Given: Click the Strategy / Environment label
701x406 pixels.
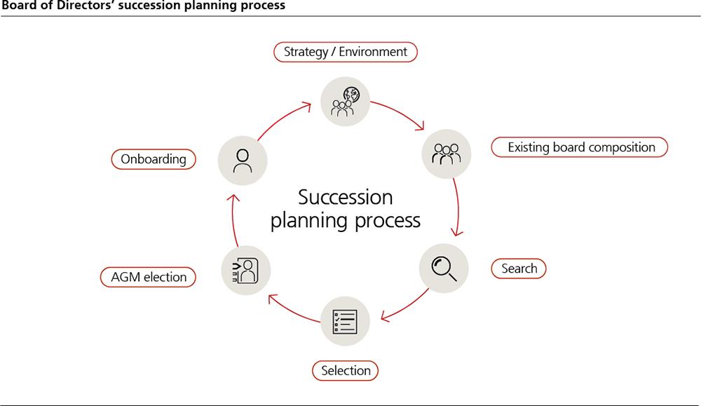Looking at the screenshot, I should click(x=345, y=52).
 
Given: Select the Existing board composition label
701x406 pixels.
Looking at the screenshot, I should click(x=581, y=148).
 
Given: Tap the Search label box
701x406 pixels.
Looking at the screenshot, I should click(x=519, y=269).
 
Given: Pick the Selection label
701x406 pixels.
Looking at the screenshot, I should click(x=345, y=370).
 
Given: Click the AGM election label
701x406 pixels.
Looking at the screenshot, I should click(x=149, y=277).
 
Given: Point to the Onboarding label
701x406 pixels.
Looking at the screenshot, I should click(x=154, y=159).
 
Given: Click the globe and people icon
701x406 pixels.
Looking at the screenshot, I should click(x=345, y=102).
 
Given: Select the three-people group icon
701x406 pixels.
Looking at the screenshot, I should click(x=447, y=154).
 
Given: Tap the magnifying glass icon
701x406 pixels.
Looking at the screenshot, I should click(x=444, y=269).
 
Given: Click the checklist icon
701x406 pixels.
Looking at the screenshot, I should click(x=345, y=320).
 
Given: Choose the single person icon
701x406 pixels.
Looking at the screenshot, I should click(x=243, y=159).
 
